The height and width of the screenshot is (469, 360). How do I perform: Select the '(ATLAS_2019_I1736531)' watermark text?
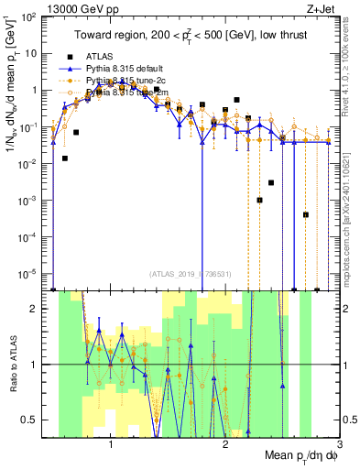coord(191,274)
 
